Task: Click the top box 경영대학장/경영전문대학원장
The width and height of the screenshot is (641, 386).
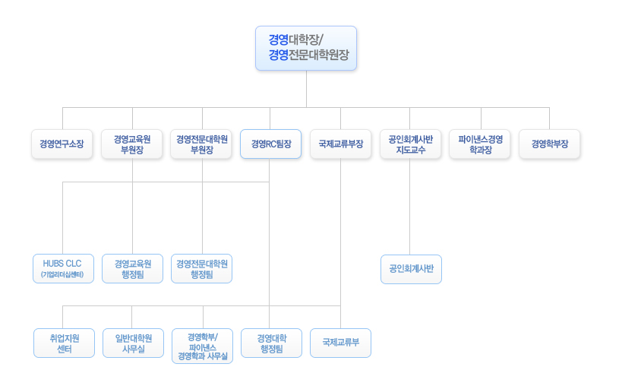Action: [x=306, y=48]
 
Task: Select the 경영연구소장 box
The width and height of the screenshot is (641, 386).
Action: [x=62, y=144]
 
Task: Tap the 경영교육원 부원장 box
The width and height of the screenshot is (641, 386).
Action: [x=132, y=144]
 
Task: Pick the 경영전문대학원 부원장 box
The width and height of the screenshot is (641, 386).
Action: [x=201, y=144]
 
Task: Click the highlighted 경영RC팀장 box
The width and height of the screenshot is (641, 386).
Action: [x=270, y=144]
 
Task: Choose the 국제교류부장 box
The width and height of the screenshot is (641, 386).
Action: [x=340, y=144]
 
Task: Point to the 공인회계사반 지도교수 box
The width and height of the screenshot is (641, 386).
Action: [x=410, y=144]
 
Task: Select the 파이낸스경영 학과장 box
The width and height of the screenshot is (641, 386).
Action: [x=480, y=144]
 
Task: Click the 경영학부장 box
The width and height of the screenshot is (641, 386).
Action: [x=549, y=144]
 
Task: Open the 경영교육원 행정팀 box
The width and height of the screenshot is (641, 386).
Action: [x=133, y=268]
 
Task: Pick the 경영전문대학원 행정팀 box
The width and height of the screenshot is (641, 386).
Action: [x=201, y=268]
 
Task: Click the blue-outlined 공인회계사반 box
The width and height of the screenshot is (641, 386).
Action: [x=411, y=269]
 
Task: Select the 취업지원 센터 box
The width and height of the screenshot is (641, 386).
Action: [x=64, y=343]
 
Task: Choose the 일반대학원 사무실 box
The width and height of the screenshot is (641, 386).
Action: [x=133, y=343]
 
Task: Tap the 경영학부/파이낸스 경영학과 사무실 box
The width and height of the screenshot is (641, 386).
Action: [x=202, y=346]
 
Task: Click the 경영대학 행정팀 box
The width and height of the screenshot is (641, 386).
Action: [x=271, y=343]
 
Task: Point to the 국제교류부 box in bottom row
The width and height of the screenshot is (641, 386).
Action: [x=340, y=343]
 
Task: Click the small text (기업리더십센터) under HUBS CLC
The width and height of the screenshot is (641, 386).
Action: [x=62, y=274]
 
